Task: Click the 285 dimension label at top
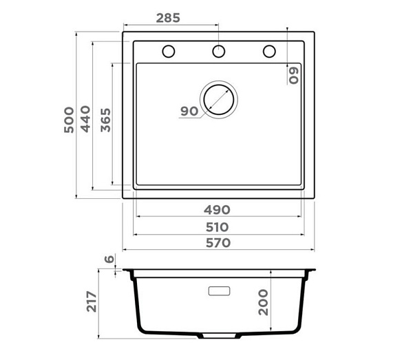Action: tap(168, 18)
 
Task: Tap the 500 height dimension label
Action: tap(69, 120)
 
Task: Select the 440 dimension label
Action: tap(85, 119)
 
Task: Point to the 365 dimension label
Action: tap(105, 120)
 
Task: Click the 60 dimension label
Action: tap(294, 75)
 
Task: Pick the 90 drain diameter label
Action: tap(189, 112)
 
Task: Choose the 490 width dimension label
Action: tap(217, 210)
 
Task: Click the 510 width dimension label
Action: tap(217, 227)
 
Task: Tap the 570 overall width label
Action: tap(218, 243)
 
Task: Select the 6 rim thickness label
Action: tap(109, 259)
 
